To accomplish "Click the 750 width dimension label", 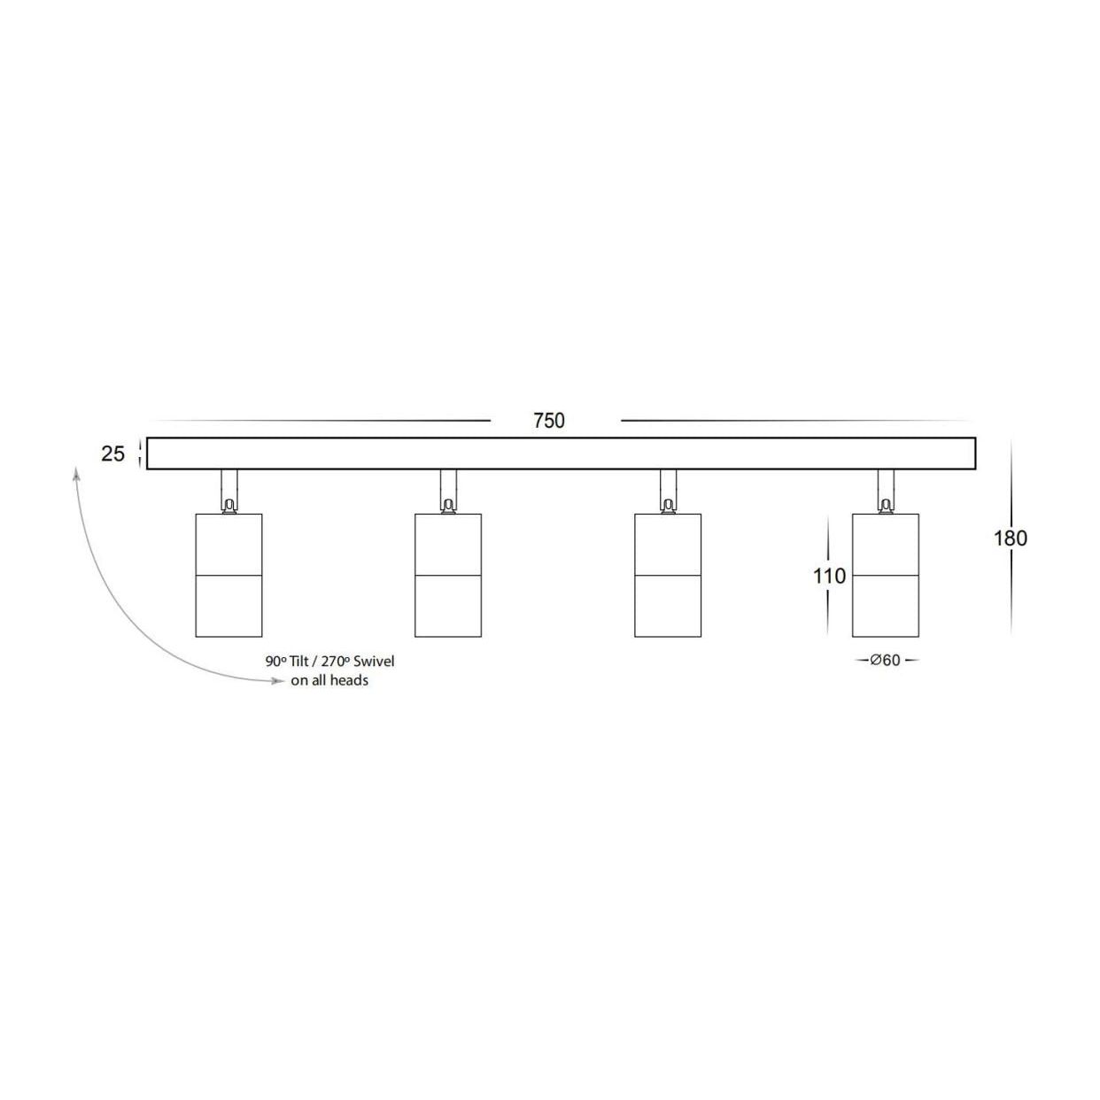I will pyautogui.click(x=549, y=421).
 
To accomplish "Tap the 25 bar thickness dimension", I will pyautogui.click(x=113, y=454).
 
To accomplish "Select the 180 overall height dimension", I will pyautogui.click(x=1010, y=538).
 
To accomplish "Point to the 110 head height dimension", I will pyautogui.click(x=830, y=576).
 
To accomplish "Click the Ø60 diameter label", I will pyautogui.click(x=886, y=660).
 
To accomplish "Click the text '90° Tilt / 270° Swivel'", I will pyautogui.click(x=329, y=662).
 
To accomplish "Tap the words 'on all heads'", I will pyautogui.click(x=329, y=680).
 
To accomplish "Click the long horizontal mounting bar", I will pyautogui.click(x=561, y=453).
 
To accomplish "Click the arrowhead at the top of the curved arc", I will pyautogui.click(x=77, y=476).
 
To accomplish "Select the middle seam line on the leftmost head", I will pyautogui.click(x=229, y=576).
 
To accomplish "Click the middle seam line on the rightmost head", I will pyautogui.click(x=886, y=576).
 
